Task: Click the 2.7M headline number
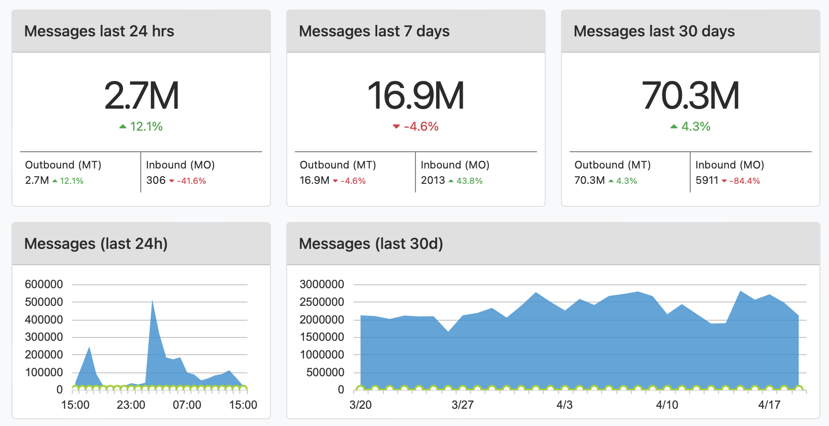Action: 142,96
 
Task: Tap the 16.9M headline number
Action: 416,96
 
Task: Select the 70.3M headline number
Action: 691,96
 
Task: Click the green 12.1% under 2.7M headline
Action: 146,126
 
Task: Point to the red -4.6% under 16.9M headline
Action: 421,126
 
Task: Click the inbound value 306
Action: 156,180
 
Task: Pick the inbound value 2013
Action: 433,180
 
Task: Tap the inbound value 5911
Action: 707,180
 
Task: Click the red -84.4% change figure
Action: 744,181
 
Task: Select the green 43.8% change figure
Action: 469,181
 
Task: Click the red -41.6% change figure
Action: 191,181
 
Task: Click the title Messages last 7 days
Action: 374,31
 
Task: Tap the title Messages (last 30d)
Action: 371,244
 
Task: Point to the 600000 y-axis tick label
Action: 44,284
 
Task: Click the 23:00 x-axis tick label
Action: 131,405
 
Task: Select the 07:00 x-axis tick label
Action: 187,405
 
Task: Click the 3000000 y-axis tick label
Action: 322,284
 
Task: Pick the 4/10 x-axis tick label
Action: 667,405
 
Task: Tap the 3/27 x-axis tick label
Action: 462,405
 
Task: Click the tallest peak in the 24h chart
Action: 152,301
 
